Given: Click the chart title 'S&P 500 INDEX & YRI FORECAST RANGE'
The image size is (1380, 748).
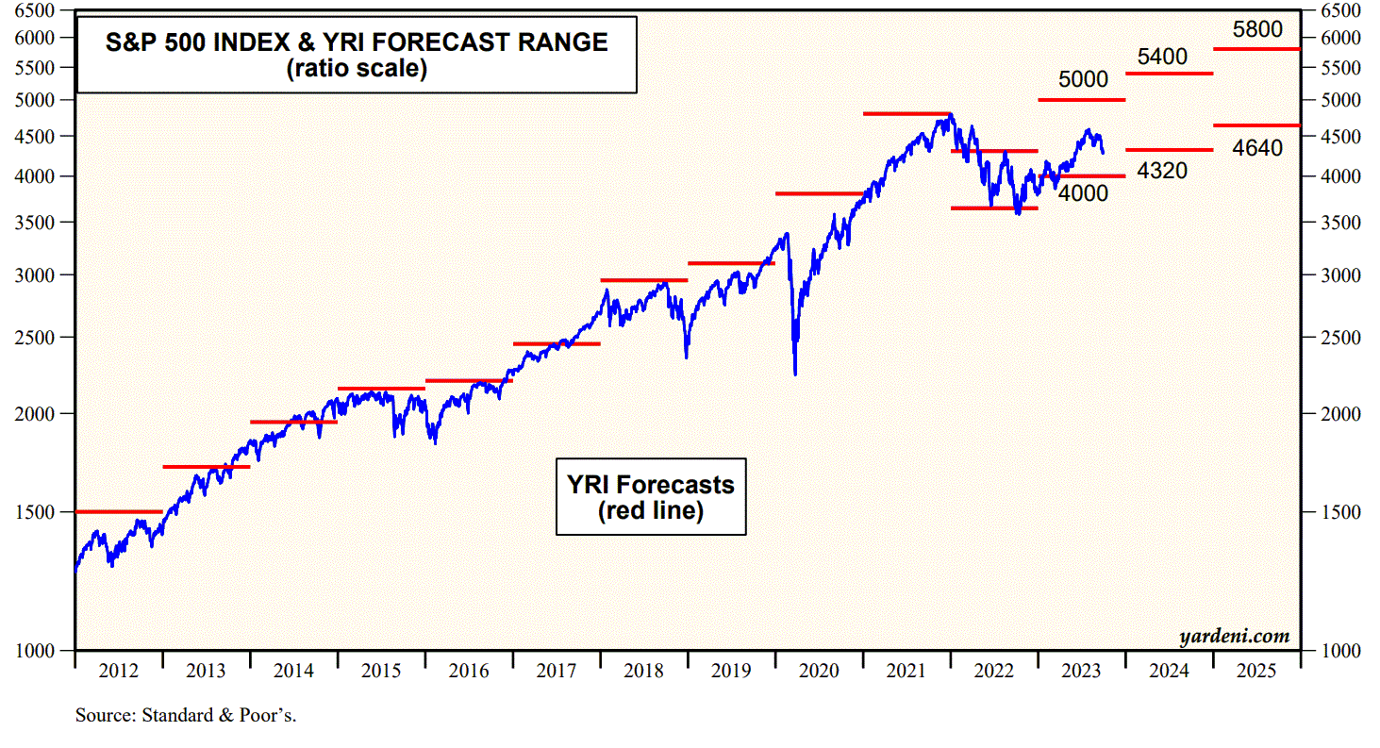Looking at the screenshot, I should pyautogui.click(x=356, y=42).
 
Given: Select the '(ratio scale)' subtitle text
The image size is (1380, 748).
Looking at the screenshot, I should pyautogui.click(x=357, y=69).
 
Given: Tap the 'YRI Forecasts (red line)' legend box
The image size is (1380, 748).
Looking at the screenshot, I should pyautogui.click(x=650, y=497).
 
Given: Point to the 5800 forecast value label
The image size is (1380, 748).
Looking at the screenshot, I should pyautogui.click(x=1257, y=29).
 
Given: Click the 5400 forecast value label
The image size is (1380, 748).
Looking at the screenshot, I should pyautogui.click(x=1162, y=57).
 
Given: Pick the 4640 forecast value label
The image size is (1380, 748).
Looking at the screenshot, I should pyautogui.click(x=1257, y=147).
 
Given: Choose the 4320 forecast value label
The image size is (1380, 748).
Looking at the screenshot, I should pyautogui.click(x=1162, y=172).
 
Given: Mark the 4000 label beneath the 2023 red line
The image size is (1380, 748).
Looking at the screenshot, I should pyautogui.click(x=1083, y=193).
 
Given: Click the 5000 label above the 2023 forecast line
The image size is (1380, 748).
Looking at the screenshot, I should pyautogui.click(x=1083, y=80).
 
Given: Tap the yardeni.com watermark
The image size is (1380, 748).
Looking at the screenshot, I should pyautogui.click(x=1234, y=637).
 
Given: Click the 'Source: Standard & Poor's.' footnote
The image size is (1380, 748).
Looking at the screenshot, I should pyautogui.click(x=186, y=715).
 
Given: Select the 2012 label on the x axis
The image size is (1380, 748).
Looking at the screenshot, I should pyautogui.click(x=118, y=672).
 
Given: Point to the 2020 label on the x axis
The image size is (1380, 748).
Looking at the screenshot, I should pyautogui.click(x=819, y=672).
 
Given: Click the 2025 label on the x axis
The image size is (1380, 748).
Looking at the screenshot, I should pyautogui.click(x=1256, y=672).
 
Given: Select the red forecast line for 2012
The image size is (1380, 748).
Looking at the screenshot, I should pyautogui.click(x=118, y=511).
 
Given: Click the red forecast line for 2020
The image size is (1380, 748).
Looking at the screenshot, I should pyautogui.click(x=819, y=193).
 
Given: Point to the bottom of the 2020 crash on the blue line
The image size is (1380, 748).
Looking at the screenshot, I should pyautogui.click(x=795, y=374).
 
